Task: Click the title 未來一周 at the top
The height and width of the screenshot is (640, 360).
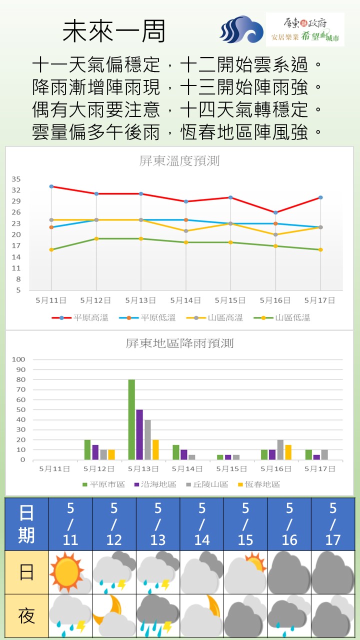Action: [114, 31]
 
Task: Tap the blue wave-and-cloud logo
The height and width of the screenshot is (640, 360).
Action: [241, 29]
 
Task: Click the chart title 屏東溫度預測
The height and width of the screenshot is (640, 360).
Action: [179, 161]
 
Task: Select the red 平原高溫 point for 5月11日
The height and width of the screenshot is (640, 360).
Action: [51, 186]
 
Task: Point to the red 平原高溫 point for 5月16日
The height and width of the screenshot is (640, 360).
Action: [275, 212]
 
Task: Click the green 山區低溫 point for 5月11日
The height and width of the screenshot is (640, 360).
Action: [51, 249]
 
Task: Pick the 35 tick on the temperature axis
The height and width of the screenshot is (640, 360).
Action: [16, 179]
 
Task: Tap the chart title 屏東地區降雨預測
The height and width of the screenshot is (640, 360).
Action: [179, 343]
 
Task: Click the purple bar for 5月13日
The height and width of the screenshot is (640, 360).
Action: [139, 434]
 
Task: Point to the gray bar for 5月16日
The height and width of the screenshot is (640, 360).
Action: [280, 449]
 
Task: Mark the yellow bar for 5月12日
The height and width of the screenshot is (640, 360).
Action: [111, 454]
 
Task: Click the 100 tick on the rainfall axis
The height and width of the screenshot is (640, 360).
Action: [18, 359]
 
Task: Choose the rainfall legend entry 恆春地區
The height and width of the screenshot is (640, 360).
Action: [262, 484]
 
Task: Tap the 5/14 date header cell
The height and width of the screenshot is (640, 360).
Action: [201, 524]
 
